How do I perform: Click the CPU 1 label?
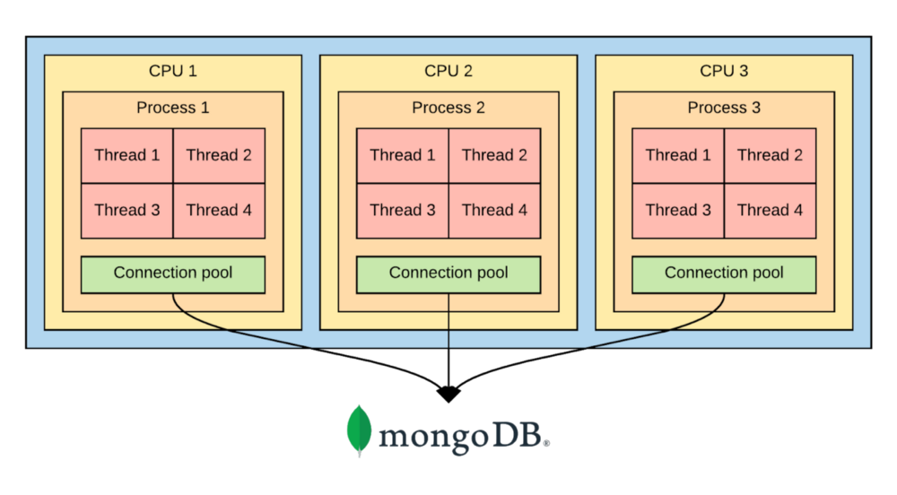coord(173,71)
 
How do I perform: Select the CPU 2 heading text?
coord(448,71)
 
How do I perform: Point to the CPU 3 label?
coord(724,71)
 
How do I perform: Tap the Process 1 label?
coord(173,108)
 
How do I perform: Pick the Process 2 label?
coord(448,108)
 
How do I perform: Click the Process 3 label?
coord(724,108)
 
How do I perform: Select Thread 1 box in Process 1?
coord(127,155)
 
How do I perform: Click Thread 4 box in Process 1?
coord(219,211)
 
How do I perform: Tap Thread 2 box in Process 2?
coord(495,155)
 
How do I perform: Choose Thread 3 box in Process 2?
coord(403,211)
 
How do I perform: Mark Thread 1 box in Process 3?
coord(678,155)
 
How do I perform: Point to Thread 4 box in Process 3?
coord(770,211)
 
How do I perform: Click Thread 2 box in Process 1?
coord(219,155)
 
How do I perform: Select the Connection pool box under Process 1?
coord(173,275)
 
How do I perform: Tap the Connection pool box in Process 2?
coord(448,275)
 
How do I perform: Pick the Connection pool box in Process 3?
coord(724,275)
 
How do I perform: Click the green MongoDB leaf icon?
coord(360,431)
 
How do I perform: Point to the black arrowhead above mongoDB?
coord(448,395)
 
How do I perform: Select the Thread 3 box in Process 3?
coord(678,211)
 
